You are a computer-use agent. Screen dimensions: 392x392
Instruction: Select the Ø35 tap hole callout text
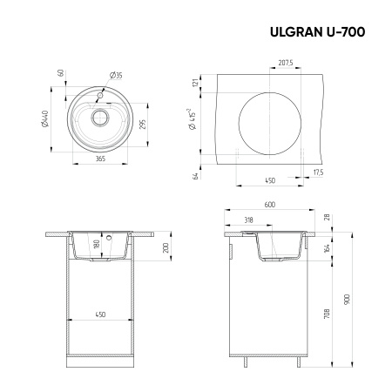click(116, 76)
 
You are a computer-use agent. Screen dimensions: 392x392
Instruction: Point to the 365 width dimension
click(100, 159)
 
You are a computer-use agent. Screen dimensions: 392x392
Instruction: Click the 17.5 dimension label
click(318, 172)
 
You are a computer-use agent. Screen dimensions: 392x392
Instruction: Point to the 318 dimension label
click(249, 220)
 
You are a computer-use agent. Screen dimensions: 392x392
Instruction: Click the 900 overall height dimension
click(348, 298)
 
